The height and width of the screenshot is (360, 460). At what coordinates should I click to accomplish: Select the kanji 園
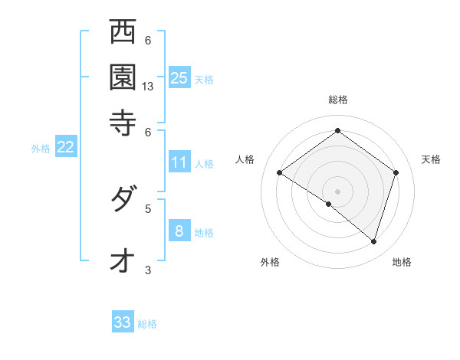point(123,76)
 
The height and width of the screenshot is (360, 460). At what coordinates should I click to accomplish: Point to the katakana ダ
point(123,201)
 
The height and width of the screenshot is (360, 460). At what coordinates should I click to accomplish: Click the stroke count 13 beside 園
point(148,87)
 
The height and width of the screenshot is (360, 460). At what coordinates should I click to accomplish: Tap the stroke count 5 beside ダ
point(148,208)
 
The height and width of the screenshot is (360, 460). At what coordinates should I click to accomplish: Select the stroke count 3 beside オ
point(148,270)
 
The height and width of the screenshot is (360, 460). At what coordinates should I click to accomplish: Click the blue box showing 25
point(179,77)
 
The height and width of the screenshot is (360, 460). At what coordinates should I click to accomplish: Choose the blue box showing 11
point(179,162)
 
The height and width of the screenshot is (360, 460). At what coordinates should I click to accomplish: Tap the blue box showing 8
point(179,231)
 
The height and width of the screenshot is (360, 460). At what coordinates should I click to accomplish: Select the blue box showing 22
point(65,147)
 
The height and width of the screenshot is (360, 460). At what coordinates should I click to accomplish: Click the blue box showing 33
point(123,322)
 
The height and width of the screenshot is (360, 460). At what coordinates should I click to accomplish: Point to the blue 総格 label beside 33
point(147,324)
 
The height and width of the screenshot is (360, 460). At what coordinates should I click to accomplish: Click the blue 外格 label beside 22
point(41,149)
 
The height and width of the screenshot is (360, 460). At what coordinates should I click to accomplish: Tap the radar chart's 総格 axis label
point(338,100)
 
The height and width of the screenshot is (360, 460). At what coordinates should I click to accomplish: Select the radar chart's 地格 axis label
point(402,262)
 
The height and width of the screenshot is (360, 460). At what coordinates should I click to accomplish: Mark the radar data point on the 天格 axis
point(396,172)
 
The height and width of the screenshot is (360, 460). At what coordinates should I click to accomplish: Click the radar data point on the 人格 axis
point(280,172)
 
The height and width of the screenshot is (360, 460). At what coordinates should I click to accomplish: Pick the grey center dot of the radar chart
point(338,191)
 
